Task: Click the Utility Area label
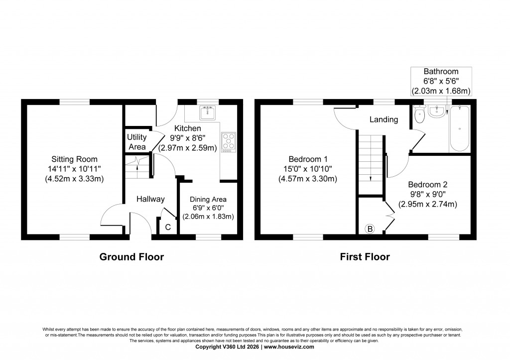pos(136,142)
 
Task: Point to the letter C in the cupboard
pos(168,227)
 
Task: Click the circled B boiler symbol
pos(370,229)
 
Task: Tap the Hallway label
pos(150,199)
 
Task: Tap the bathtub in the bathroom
pos(459,129)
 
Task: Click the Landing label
pos(383,120)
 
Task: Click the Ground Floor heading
pos(131,257)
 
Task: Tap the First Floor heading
pos(365,257)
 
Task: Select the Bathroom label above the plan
pos(441,71)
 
